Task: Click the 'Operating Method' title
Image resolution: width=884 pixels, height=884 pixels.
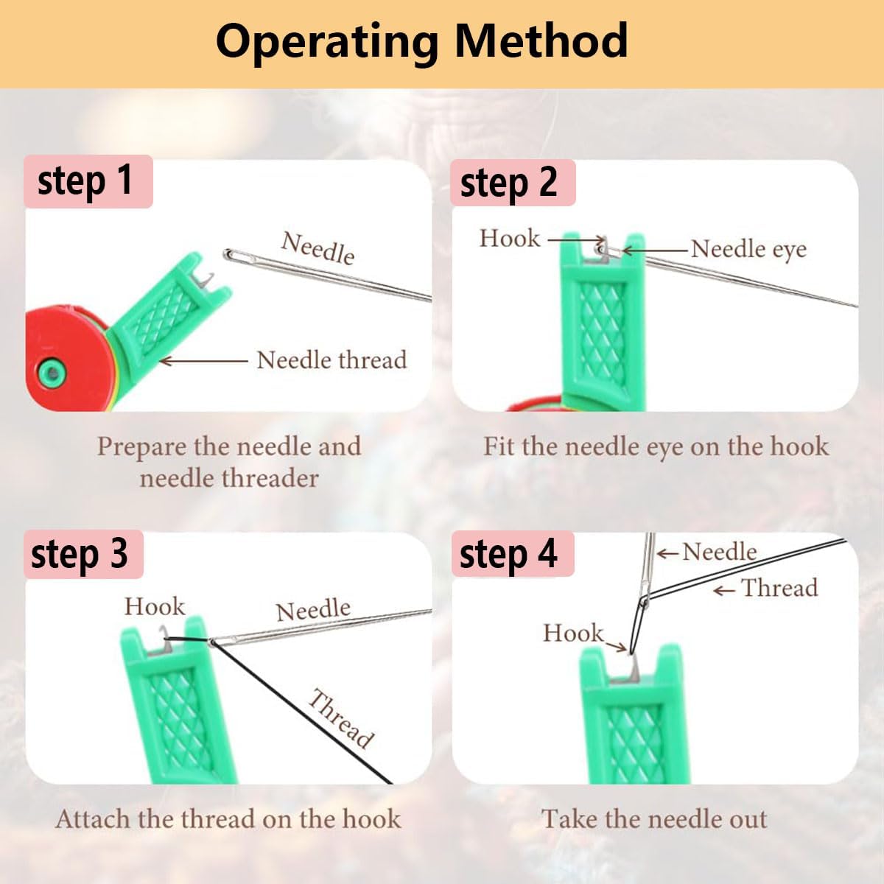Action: (x=421, y=41)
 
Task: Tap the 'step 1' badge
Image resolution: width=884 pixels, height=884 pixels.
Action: (x=87, y=181)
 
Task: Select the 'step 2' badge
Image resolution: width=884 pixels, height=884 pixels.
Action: (x=510, y=183)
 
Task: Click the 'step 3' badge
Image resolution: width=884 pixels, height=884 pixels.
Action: (x=81, y=554)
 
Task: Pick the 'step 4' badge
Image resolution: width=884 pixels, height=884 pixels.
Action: (x=510, y=554)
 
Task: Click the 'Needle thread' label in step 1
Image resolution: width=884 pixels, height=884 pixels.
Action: (x=331, y=360)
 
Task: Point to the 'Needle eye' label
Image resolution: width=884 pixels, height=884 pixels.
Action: (x=748, y=249)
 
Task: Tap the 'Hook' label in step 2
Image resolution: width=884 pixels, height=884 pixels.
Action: (x=510, y=239)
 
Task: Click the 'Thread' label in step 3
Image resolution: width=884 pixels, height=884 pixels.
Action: (x=341, y=718)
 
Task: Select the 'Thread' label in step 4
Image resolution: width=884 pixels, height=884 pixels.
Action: (x=779, y=588)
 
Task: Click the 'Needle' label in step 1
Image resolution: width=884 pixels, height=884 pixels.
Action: (x=318, y=248)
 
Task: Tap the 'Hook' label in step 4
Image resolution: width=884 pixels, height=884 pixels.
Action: (x=573, y=633)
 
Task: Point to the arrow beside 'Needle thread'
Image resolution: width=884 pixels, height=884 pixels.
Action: (x=203, y=361)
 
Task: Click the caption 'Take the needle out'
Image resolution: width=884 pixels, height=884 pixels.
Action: (x=654, y=819)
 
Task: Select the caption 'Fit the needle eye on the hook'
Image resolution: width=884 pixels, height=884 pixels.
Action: (x=656, y=446)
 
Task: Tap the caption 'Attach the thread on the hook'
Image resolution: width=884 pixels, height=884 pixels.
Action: (x=228, y=819)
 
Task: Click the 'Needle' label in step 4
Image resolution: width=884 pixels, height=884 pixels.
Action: (x=719, y=552)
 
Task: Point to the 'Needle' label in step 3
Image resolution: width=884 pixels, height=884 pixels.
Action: (x=313, y=610)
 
